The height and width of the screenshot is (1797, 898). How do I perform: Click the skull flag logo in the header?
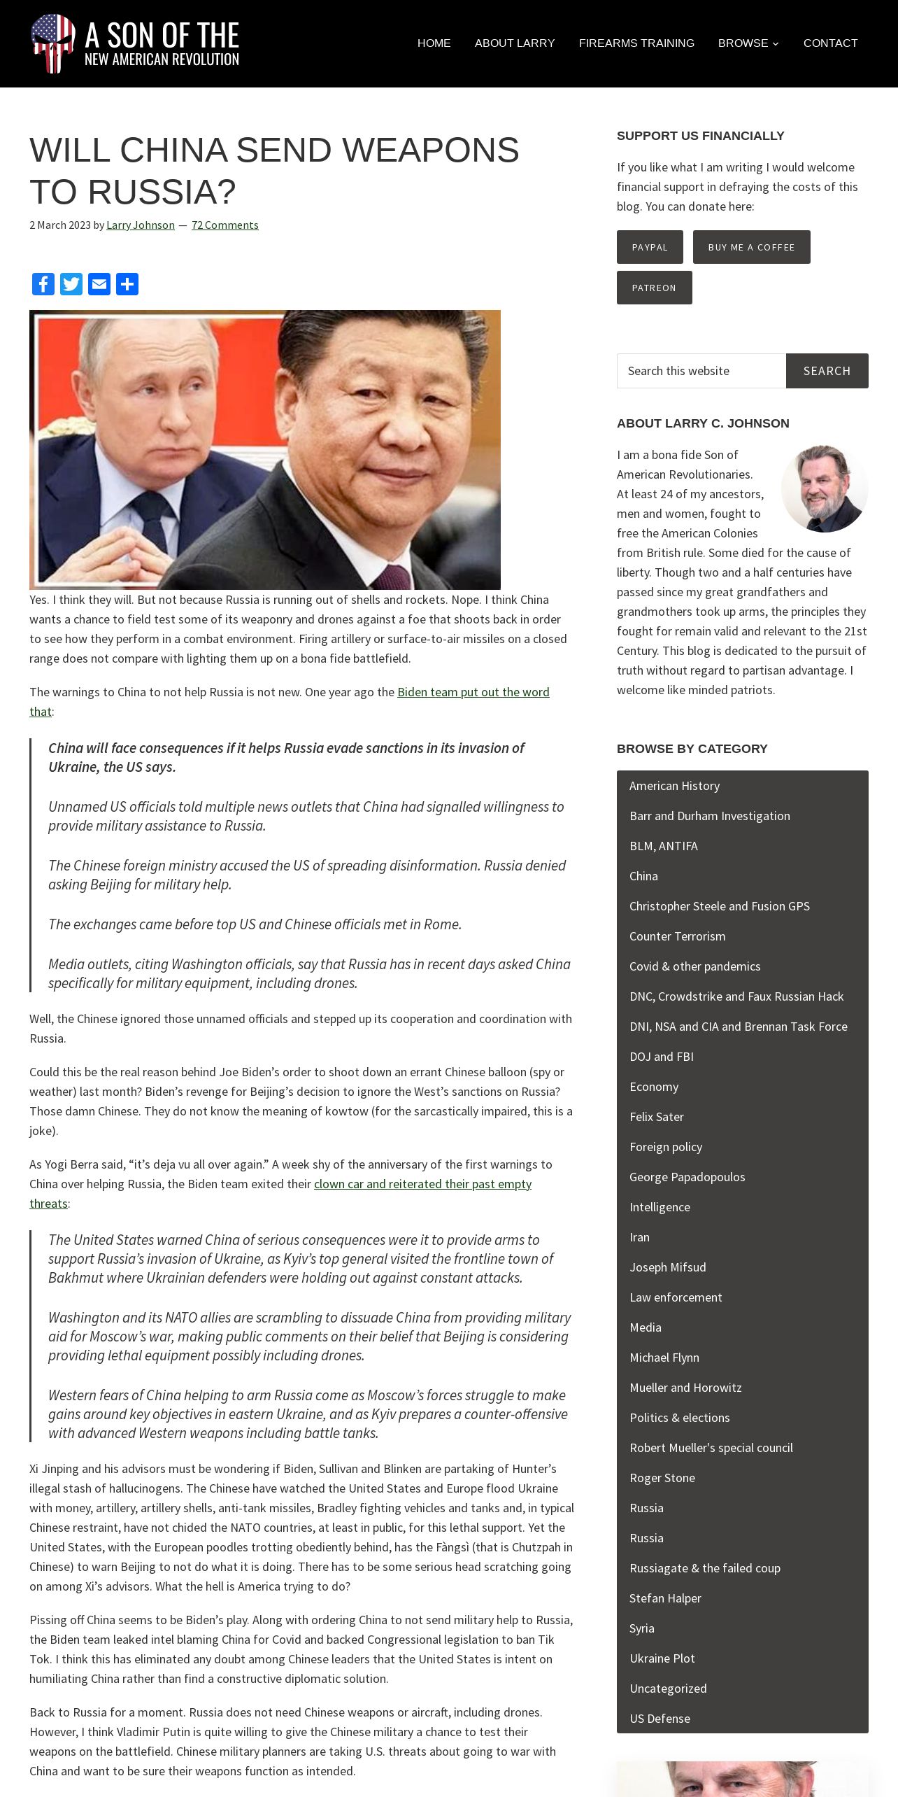tap(53, 43)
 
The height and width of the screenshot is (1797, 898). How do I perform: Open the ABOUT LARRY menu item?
tap(515, 43)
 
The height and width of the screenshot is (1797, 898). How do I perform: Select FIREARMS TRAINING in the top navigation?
tap(636, 43)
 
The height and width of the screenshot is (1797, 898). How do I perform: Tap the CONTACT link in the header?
tap(830, 43)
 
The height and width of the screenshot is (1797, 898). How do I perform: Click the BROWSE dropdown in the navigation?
tap(748, 43)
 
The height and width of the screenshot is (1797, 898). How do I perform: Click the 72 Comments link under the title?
tap(224, 225)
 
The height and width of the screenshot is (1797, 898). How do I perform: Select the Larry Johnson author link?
tap(141, 225)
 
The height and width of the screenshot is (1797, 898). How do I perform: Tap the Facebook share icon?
tap(43, 284)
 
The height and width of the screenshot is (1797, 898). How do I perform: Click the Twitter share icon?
tap(71, 284)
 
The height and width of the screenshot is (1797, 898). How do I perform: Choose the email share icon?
tap(99, 284)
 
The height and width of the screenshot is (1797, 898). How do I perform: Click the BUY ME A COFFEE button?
tap(751, 247)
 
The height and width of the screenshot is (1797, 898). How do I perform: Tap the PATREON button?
tap(654, 288)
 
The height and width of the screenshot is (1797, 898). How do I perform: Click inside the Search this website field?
tap(701, 371)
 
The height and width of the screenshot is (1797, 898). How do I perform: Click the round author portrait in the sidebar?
tap(824, 488)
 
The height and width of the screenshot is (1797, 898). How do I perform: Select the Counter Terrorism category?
tap(677, 936)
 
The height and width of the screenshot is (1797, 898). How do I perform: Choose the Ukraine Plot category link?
tap(662, 1658)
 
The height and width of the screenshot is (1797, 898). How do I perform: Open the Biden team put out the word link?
tap(473, 692)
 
